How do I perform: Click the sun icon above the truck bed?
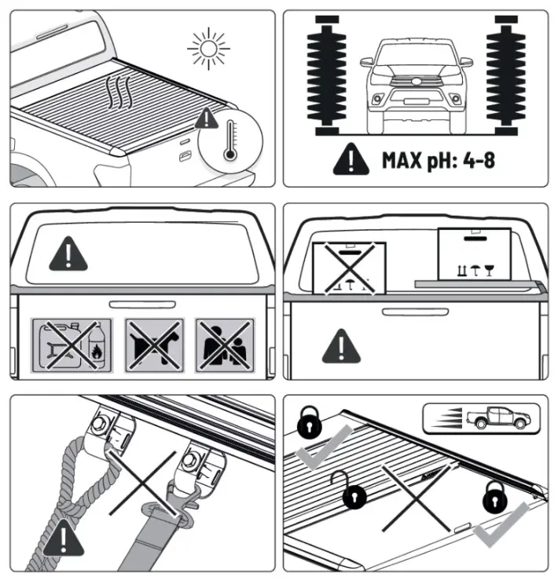(x=209, y=49)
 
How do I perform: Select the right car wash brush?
(x=506, y=74)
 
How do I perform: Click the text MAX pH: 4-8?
(x=439, y=161)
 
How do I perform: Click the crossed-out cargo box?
(x=350, y=268)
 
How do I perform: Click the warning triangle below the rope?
(x=59, y=541)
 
